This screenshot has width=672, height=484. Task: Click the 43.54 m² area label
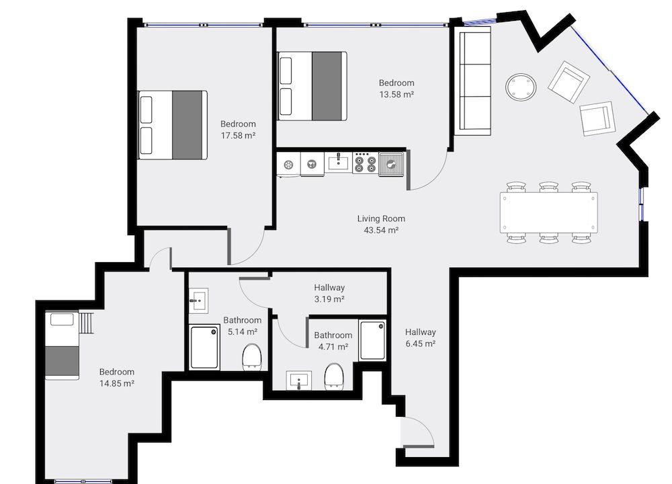pyautogui.click(x=381, y=230)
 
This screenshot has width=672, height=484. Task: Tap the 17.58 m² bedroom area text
pyautogui.click(x=238, y=135)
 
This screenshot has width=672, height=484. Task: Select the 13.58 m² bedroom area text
pyautogui.click(x=396, y=95)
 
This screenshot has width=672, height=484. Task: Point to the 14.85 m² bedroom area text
pyautogui.click(x=117, y=383)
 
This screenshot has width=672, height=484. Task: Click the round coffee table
pyautogui.click(x=521, y=87)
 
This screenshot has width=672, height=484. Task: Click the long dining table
pyautogui.click(x=548, y=213)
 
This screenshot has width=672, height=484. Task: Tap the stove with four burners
pyautogui.click(x=365, y=162)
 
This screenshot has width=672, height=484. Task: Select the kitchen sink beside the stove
pyautogui.click(x=390, y=163)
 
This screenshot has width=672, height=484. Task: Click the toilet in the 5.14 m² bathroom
pyautogui.click(x=251, y=356)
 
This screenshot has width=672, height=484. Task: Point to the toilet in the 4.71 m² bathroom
pyautogui.click(x=333, y=375)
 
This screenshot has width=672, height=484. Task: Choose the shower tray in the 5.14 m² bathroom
pyautogui.click(x=204, y=347)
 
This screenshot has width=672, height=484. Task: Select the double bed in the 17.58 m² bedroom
pyautogui.click(x=173, y=124)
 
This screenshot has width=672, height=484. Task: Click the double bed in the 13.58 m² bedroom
pyautogui.click(x=312, y=85)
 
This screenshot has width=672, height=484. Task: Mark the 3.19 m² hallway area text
pyautogui.click(x=329, y=298)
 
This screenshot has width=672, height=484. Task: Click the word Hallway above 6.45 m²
pyautogui.click(x=421, y=332)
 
